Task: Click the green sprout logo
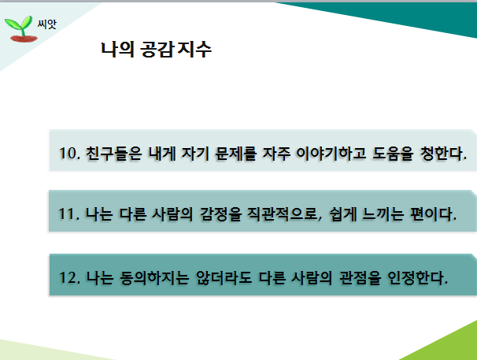20,28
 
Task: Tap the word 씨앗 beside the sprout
47,24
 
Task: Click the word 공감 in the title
157,50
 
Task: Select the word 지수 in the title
194,50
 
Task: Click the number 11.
68,213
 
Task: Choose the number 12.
69,277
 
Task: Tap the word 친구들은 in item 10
114,153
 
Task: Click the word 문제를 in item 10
235,153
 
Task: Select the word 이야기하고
331,153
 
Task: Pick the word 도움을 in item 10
393,153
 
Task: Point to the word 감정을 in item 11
220,214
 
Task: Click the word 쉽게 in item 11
343,214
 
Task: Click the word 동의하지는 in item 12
154,278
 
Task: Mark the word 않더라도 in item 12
224,278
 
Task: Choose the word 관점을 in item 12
360,278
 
